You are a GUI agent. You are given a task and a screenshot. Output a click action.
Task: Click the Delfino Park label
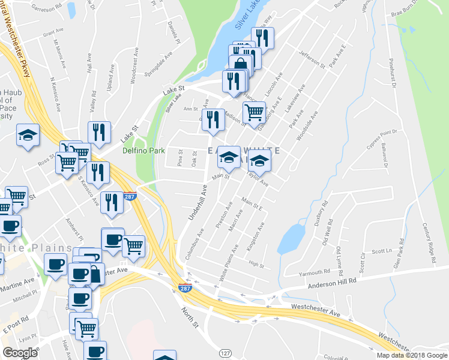(143, 151)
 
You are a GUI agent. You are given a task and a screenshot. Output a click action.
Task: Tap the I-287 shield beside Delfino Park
(130, 196)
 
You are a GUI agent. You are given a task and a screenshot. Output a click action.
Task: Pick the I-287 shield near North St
(185, 288)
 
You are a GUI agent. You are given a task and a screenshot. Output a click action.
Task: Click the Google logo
(19, 353)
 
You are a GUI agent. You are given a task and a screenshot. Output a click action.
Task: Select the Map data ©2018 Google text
(412, 355)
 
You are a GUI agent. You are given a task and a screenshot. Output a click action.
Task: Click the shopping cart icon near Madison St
(255, 112)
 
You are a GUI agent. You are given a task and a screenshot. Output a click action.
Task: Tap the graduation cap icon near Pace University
(28, 134)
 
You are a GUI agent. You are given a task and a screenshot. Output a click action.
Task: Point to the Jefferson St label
(312, 61)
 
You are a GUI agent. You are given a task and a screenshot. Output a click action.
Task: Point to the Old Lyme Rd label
(340, 258)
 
